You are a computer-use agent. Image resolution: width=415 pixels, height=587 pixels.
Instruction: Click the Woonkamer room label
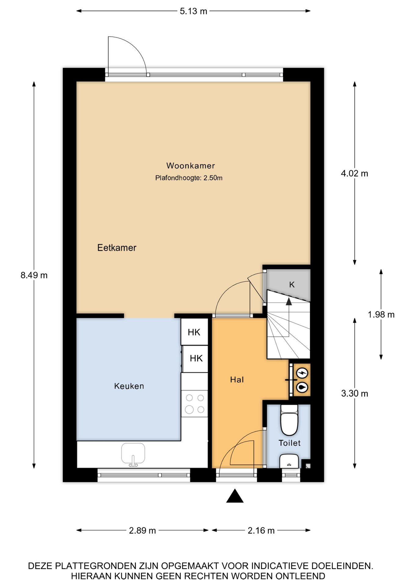(x=190, y=166)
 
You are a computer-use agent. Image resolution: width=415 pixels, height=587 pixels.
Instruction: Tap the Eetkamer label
(x=117, y=248)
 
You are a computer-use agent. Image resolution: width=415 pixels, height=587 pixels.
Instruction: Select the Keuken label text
(x=129, y=386)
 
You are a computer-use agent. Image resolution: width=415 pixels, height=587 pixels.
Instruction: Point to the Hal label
(x=237, y=380)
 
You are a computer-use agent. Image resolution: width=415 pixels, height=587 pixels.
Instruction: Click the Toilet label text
(x=289, y=443)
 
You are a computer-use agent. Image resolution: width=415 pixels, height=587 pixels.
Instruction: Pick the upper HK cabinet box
(x=194, y=332)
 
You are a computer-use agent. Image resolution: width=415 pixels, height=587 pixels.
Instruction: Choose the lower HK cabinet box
(x=195, y=359)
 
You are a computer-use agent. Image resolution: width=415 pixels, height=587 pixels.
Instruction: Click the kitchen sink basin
(x=133, y=453)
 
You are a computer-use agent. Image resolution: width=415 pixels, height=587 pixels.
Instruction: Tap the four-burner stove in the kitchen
(x=195, y=404)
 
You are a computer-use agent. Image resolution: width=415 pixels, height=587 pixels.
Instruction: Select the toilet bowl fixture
(x=289, y=420)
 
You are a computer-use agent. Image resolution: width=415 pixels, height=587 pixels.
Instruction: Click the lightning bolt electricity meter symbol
(x=302, y=373)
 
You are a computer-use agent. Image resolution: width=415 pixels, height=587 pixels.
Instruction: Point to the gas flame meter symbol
(x=302, y=387)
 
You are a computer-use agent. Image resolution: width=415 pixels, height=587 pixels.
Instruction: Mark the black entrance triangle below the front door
(x=235, y=496)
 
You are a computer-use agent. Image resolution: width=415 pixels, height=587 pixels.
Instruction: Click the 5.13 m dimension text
(x=193, y=11)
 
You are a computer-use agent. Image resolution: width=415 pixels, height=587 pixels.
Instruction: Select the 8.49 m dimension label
(x=34, y=275)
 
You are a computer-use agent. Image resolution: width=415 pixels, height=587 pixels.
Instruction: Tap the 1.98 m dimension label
(x=381, y=315)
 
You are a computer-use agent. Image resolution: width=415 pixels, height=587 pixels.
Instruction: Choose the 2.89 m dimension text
(x=142, y=530)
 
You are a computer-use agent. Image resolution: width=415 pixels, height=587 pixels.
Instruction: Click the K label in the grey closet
(x=292, y=285)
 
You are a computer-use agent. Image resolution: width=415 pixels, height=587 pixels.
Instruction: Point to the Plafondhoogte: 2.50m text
(x=189, y=178)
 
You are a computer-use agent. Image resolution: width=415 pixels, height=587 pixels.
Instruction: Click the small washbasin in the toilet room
(x=289, y=461)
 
